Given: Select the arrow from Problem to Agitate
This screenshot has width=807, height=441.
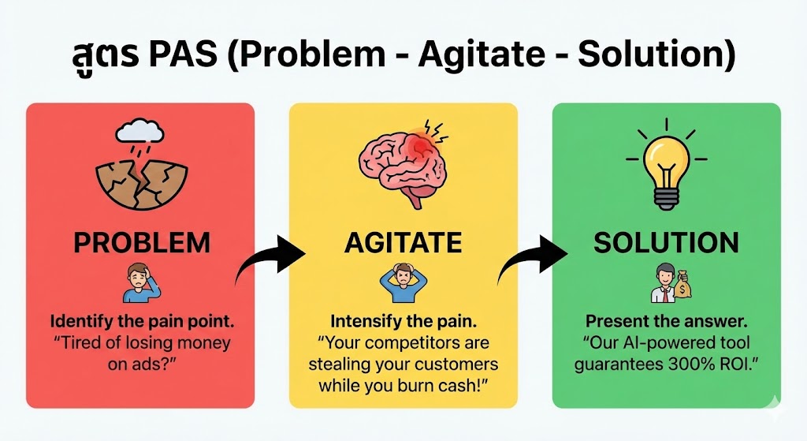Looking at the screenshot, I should pyautogui.click(x=268, y=260).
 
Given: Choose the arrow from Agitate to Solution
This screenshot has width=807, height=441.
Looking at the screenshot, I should pyautogui.click(x=531, y=260).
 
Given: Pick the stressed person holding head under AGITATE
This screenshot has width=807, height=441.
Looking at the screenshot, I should pyautogui.click(x=403, y=282).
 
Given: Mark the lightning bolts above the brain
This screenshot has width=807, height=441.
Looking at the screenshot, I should pyautogui.click(x=434, y=127).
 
